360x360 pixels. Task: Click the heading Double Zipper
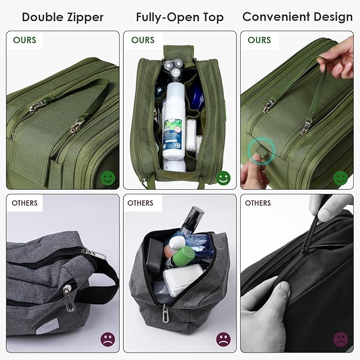[x=63, y=17]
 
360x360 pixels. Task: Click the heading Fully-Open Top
[x=180, y=17]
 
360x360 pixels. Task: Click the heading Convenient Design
[x=297, y=17]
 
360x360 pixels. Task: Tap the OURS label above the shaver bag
[x=143, y=40]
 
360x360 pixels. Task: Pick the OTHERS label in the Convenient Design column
[x=258, y=203]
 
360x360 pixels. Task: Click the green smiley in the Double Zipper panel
[x=108, y=178]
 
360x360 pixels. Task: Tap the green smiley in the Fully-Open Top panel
[x=224, y=178]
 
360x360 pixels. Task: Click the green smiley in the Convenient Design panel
[x=340, y=178]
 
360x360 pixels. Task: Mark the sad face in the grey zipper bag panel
[x=108, y=339]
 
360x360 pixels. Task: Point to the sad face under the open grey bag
[x=224, y=339]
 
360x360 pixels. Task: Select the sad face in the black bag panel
[x=340, y=339]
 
